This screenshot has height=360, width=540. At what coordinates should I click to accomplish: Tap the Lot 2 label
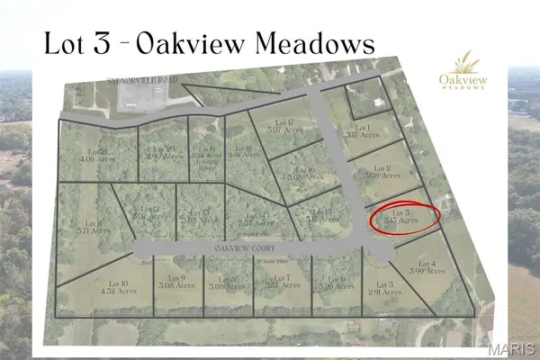point(382,170)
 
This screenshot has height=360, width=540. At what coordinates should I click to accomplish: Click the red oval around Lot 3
point(406,217)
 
